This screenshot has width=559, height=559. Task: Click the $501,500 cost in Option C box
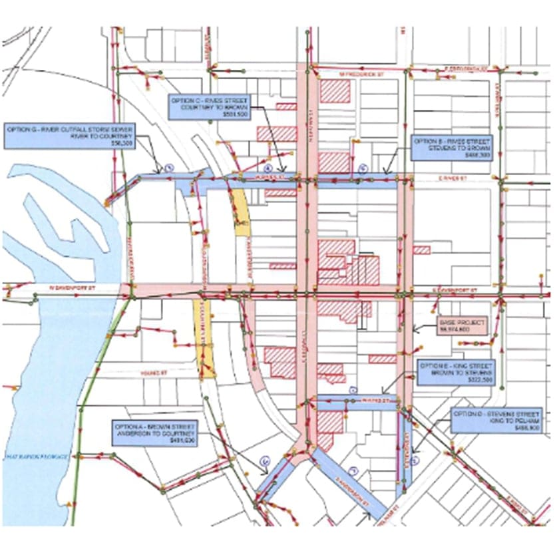(x=200, y=114)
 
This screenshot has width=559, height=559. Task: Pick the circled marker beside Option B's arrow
(x=363, y=168)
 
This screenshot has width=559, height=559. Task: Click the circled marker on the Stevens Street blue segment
(x=414, y=459)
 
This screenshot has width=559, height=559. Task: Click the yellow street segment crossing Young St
(x=205, y=339)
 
